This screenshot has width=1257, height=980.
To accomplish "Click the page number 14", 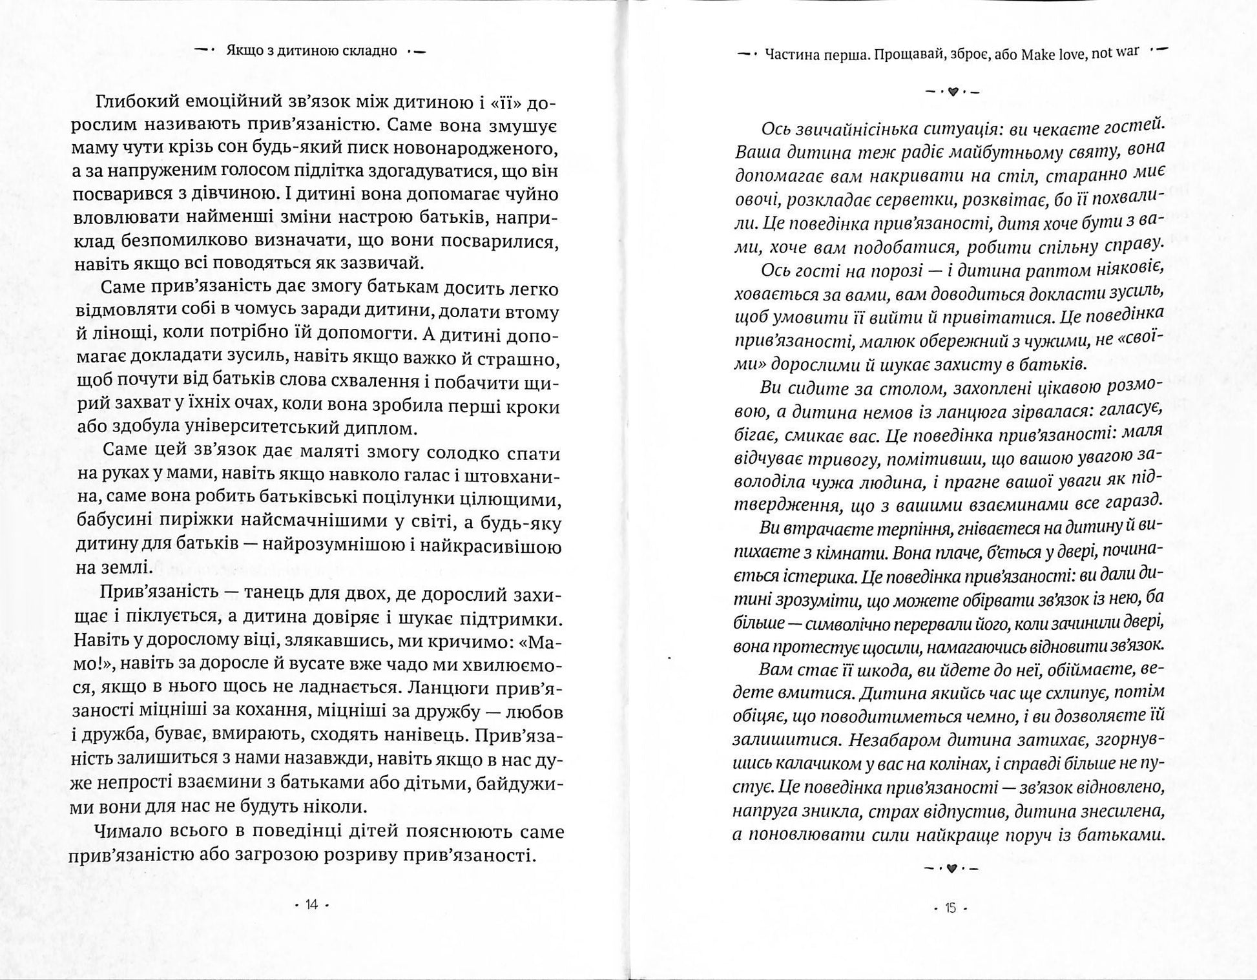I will point(312,905).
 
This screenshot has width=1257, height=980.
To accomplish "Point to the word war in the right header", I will point(1127,52).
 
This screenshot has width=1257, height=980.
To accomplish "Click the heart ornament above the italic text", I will point(953,92).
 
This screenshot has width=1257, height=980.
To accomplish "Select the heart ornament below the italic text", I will point(951,869).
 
